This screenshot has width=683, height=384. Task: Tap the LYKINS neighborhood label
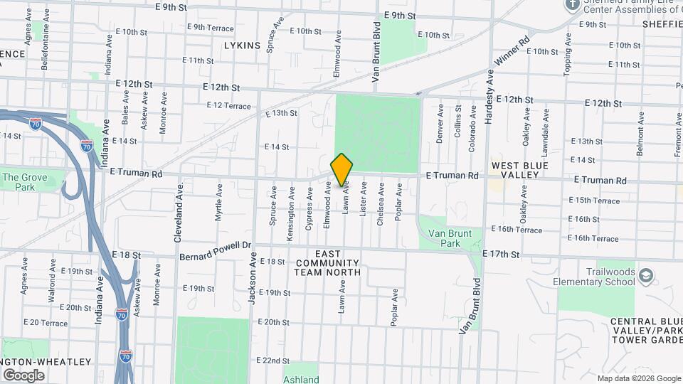(242, 46)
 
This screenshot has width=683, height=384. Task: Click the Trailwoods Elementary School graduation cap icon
(645, 275)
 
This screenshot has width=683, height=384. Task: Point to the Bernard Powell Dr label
(216, 250)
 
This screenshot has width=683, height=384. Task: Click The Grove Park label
(18, 183)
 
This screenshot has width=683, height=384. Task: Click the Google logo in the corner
(23, 375)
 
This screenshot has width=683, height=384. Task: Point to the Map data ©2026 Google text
(638, 378)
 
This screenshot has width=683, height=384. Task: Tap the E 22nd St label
(274, 361)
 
